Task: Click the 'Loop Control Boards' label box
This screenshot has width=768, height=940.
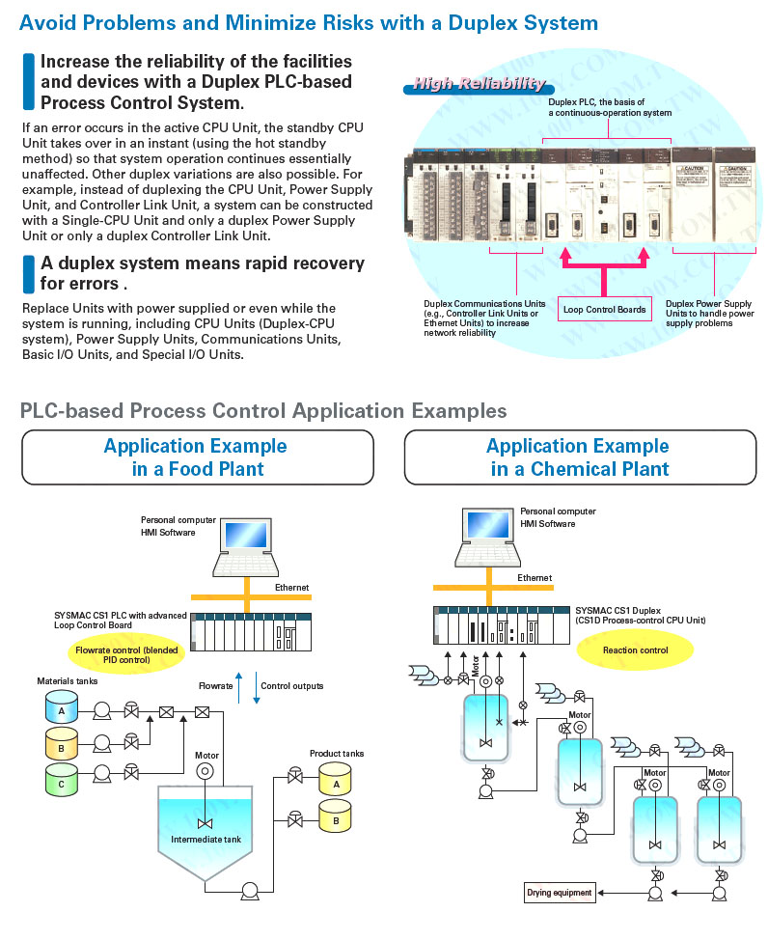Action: click(x=606, y=309)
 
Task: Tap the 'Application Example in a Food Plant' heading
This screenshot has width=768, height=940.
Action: click(x=197, y=457)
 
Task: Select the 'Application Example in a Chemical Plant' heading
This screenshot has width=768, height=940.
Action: click(x=579, y=457)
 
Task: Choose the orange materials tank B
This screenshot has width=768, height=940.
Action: click(x=61, y=743)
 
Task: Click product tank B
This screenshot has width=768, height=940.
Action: click(x=336, y=818)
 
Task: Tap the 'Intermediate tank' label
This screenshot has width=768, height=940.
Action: click(x=206, y=839)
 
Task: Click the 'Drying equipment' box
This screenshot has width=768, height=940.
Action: click(x=559, y=893)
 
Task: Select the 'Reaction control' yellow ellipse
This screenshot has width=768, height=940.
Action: click(x=635, y=650)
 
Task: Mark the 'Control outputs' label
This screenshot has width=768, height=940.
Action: click(x=292, y=686)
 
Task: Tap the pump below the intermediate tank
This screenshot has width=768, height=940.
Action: click(x=251, y=891)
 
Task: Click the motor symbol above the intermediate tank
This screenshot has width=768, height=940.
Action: click(x=205, y=771)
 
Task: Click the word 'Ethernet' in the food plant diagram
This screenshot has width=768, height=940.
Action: click(x=292, y=587)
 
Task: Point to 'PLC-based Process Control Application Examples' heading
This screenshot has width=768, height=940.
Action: click(x=263, y=411)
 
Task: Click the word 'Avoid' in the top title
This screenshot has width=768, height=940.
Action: click(x=46, y=22)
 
